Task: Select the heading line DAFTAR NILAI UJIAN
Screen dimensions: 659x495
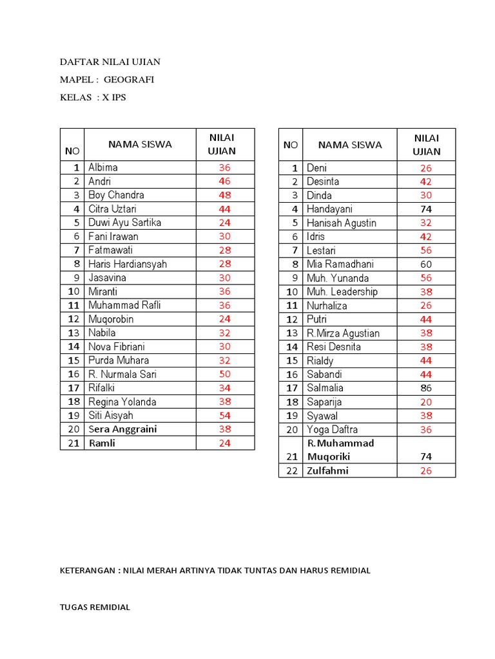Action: tap(110, 62)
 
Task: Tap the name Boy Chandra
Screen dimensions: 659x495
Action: tap(116, 195)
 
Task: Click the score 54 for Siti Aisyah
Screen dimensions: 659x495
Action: tap(224, 415)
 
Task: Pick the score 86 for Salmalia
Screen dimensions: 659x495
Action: tap(425, 388)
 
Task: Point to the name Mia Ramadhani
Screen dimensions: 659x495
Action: tap(340, 264)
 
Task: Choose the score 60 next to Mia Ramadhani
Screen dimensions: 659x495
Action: tap(425, 264)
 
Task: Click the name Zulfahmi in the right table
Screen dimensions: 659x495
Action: tap(327, 470)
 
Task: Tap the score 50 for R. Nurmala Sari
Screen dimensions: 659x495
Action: tap(224, 374)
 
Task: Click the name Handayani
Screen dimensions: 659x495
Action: tap(329, 209)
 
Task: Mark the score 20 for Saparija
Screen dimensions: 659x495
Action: tap(425, 402)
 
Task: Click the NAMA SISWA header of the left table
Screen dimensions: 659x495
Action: tap(140, 144)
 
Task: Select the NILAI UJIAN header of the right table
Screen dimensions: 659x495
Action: tap(425, 145)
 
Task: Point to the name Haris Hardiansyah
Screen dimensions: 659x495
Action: tap(128, 264)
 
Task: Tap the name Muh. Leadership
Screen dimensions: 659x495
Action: tap(342, 292)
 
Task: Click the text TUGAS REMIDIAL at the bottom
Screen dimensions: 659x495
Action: tap(95, 608)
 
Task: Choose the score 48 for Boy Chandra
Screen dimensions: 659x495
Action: tap(224, 195)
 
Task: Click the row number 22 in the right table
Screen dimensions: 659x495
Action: tap(293, 470)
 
